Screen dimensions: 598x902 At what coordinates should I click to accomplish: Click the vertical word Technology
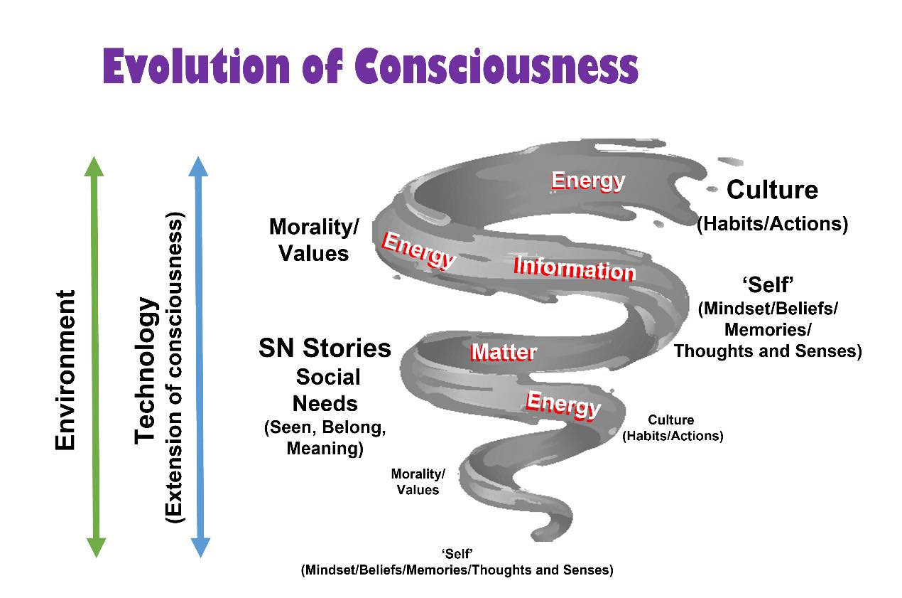[146, 370]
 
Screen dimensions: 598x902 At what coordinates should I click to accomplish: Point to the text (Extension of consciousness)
[174, 367]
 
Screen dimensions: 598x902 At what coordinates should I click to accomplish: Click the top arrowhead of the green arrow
[94, 166]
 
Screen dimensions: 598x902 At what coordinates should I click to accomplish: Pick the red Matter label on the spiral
[504, 351]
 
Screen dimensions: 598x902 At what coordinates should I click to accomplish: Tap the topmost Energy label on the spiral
[588, 180]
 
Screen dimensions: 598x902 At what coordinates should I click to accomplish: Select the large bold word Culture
[772, 190]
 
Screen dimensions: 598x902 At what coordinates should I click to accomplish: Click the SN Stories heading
[325, 348]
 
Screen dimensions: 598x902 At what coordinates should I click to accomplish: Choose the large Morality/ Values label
[314, 240]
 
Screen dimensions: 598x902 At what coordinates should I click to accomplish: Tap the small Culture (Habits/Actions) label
[672, 428]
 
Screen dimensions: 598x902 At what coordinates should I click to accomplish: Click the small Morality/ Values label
[418, 481]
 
